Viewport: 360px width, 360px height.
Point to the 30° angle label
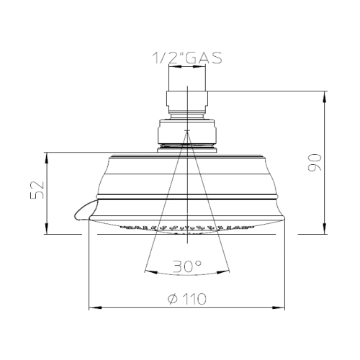pyautogui.click(x=186, y=266)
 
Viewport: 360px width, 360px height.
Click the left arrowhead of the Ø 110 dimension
pyautogui.click(x=92, y=308)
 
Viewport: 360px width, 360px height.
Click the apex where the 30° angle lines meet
pyautogui.click(x=187, y=130)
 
